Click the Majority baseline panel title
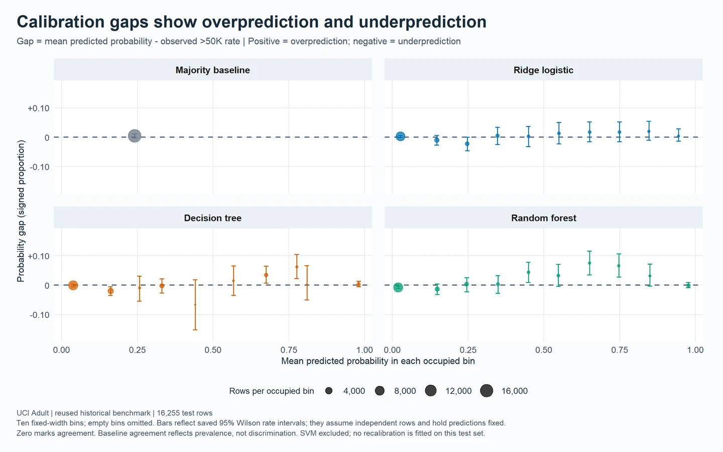point(213,70)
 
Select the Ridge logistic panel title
point(543,70)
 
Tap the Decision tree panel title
point(213,218)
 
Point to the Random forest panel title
point(544,218)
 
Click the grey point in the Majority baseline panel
point(135,136)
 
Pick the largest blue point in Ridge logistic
point(400,137)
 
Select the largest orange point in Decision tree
point(73,285)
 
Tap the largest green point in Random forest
point(398,287)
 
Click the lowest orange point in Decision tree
point(195,305)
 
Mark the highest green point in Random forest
point(589,263)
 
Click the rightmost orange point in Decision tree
point(358,284)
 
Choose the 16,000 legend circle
point(487,391)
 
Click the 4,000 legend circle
point(329,391)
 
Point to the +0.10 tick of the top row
point(38,108)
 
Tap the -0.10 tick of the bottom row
point(39,315)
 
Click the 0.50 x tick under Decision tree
point(213,350)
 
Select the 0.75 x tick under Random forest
point(620,350)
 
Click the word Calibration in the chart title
point(60,22)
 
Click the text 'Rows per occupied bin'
point(272,391)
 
